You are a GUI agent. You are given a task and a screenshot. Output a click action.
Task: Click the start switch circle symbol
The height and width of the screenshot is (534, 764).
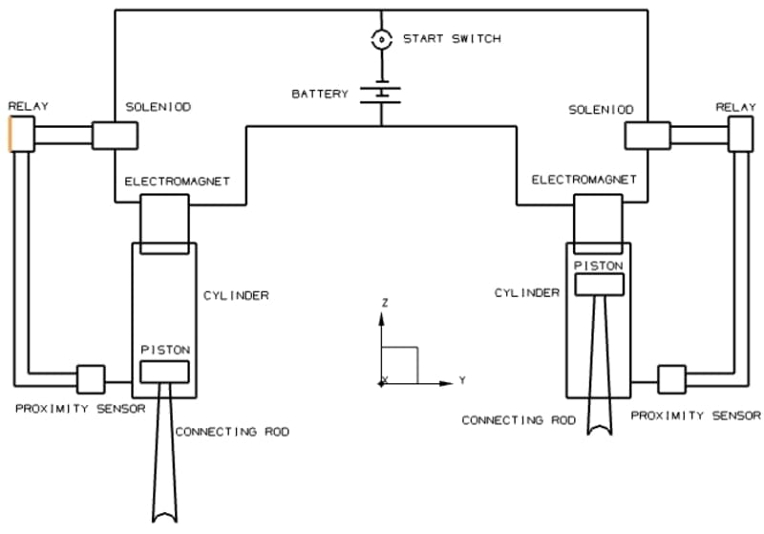pos(381,39)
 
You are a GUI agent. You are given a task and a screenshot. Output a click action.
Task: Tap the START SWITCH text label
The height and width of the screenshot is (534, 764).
pos(452,38)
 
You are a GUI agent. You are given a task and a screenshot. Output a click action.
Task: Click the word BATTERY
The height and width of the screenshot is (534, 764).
pos(320,94)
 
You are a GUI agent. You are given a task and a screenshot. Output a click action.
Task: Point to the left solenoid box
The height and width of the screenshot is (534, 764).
pos(115,136)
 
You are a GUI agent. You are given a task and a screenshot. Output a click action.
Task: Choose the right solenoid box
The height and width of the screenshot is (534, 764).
pos(647,136)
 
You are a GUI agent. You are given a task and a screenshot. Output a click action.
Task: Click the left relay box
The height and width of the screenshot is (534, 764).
pos(22,134)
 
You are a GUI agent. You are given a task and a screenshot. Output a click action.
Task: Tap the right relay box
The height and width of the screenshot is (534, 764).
pos(740,134)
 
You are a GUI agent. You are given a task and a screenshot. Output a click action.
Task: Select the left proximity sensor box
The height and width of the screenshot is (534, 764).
pos(91,379)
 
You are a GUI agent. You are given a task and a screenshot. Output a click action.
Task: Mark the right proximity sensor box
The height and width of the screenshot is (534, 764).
pos(672,379)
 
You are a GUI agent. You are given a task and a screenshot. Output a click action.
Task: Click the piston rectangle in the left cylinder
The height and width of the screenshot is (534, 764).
pos(164,372)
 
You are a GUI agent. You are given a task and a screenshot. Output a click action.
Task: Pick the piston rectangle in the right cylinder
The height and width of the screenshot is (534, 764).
pos(600,285)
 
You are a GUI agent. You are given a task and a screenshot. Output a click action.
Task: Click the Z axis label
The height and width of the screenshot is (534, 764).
pos(385,303)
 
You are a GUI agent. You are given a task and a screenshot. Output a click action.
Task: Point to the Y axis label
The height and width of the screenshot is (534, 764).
pos(462,380)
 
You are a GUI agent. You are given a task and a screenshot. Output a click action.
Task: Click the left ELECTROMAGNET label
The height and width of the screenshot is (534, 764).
pos(177,182)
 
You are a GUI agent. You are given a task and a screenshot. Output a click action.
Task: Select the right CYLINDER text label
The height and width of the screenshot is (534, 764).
pos(527,293)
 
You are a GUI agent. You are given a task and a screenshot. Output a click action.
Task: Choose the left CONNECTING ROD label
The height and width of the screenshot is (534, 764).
pos(232,432)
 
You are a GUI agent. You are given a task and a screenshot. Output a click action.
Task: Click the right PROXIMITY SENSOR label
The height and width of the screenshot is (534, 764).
pos(696,416)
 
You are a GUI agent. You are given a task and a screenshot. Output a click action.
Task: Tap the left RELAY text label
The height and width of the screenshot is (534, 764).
pos(29,106)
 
